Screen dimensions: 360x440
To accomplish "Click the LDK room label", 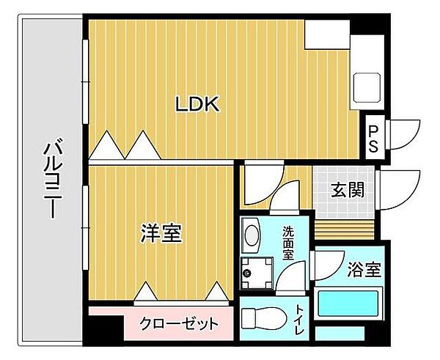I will click(197, 105).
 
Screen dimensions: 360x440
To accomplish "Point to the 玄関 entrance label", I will click(347, 191).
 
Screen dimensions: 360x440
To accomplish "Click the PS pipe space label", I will click(373, 138).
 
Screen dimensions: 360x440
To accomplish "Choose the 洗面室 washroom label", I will click(290, 243).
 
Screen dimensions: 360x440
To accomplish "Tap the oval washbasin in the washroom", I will click(252, 236).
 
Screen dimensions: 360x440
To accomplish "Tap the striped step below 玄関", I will click(345, 226).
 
